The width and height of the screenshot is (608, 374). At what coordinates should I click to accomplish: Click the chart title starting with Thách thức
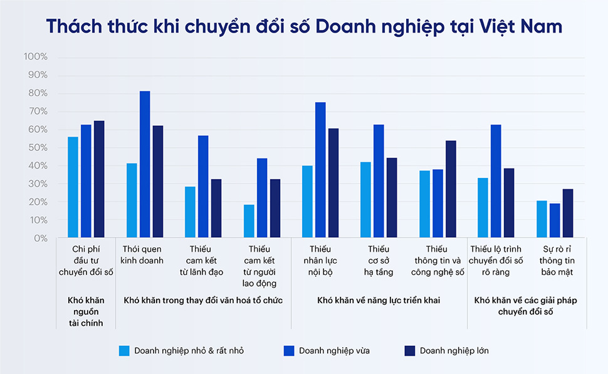pos(304,26)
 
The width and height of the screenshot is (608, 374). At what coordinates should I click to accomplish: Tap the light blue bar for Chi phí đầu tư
pos(73,188)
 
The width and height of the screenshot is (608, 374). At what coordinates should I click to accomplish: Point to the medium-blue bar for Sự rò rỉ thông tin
pos(555,221)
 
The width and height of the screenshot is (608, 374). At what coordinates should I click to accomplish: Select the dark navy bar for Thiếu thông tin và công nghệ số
pos(451,190)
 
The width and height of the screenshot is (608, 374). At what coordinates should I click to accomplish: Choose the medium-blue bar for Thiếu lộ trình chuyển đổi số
pos(496,182)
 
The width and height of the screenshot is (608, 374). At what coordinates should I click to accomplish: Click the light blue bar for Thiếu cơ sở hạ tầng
pos(365,200)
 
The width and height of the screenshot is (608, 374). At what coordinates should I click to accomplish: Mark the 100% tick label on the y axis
pos(36,57)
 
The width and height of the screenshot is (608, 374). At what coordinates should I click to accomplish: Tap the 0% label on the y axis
pos(40,239)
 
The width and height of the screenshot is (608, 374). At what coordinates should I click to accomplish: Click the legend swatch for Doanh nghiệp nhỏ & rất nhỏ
pos(124,350)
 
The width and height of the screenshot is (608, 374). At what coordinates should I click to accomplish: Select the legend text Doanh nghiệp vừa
pos(334,350)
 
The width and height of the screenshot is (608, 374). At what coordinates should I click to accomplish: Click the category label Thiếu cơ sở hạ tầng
pos(379,261)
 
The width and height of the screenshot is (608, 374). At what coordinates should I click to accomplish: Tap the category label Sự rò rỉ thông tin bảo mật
pos(555,261)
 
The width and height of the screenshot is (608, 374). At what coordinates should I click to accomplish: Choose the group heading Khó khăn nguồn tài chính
pos(86,311)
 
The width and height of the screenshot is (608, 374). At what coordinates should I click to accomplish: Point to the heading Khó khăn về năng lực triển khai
pos(379,301)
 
